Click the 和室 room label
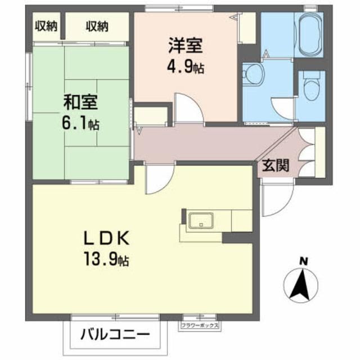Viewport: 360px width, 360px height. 82,103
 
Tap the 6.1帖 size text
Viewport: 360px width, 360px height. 82,124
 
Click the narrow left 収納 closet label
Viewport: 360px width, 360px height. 46,26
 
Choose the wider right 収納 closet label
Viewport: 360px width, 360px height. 97,26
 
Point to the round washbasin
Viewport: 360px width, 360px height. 253,74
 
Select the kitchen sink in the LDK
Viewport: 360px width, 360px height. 199,220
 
